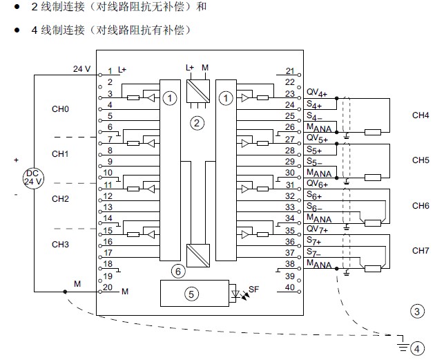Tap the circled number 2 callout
tap(197, 123)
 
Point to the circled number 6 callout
tap(178, 272)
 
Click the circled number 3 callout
tap(416, 312)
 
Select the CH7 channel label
tap(420, 250)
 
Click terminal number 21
tap(289, 71)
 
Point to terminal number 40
tap(289, 287)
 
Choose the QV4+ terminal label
tap(316, 93)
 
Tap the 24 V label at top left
tap(81, 68)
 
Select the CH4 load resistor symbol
tap(374, 132)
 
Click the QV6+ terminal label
tap(316, 184)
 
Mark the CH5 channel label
tap(420, 160)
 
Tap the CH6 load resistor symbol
tap(374, 222)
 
